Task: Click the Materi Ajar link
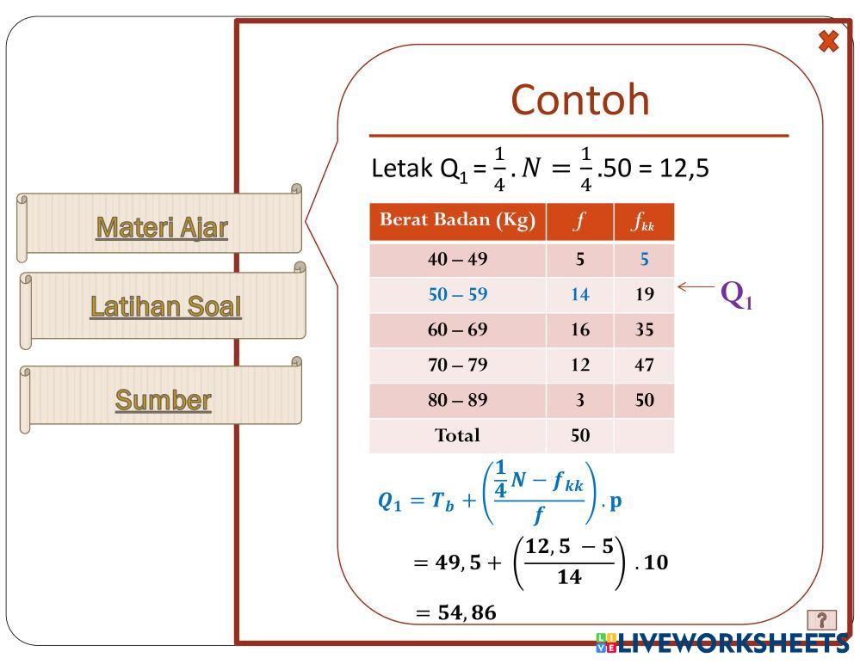click(x=162, y=227)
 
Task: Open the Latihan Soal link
click(x=165, y=306)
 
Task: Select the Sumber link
click(x=163, y=400)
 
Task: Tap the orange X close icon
click(x=828, y=41)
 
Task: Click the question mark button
click(x=822, y=619)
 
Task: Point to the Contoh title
click(x=579, y=100)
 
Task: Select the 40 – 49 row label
click(x=457, y=259)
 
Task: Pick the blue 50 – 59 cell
click(x=457, y=294)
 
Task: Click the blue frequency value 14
click(x=579, y=294)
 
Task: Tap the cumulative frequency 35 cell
click(x=644, y=329)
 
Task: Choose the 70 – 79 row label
click(x=457, y=365)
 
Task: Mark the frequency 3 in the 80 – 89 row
click(x=579, y=400)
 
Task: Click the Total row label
click(x=457, y=435)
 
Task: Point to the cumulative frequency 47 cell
click(x=644, y=365)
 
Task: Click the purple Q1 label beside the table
click(x=736, y=295)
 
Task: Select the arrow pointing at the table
click(x=696, y=287)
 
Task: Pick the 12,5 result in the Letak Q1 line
click(x=684, y=168)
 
